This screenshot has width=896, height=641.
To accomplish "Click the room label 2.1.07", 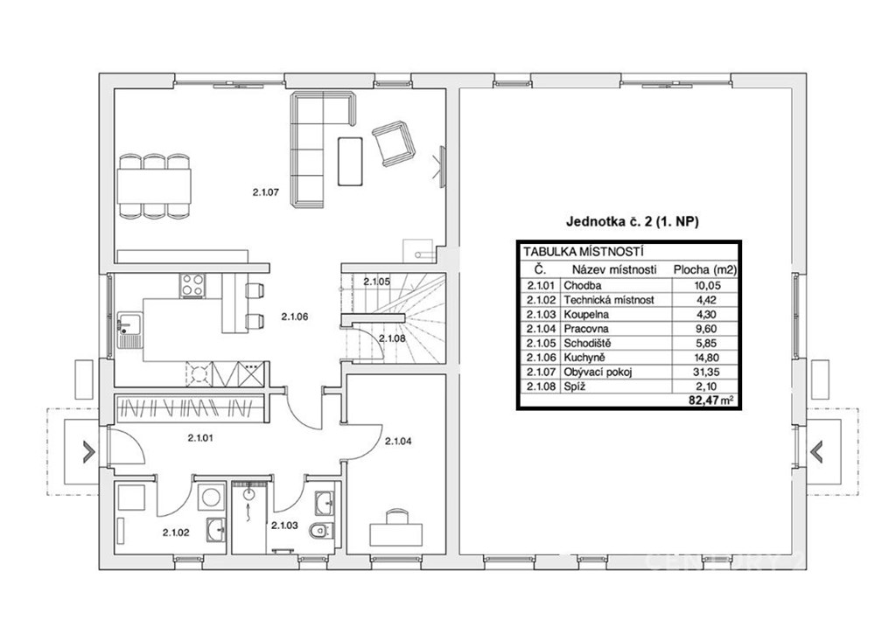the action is click(266, 192).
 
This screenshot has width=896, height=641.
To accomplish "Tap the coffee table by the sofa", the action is click(350, 161).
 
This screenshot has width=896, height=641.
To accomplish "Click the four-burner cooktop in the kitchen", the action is click(192, 286).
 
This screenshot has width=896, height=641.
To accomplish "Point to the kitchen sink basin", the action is click(125, 324).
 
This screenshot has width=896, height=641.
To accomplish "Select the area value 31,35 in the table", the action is click(704, 372).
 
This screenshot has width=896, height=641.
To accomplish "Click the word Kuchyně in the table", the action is click(584, 358).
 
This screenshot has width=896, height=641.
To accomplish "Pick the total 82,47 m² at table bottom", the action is click(710, 400).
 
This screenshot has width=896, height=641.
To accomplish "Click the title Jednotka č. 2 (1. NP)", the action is click(632, 221).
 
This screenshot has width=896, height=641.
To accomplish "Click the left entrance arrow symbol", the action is click(89, 451).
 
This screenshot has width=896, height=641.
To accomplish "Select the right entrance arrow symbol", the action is click(815, 451).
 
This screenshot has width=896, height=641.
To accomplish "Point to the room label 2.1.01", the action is click(200, 438).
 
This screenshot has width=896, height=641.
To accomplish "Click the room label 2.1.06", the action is click(295, 316).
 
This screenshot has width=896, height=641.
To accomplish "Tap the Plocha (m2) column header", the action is click(705, 269).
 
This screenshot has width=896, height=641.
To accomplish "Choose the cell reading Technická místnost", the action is click(609, 300).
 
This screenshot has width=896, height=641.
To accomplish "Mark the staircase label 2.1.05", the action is click(376, 281).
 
